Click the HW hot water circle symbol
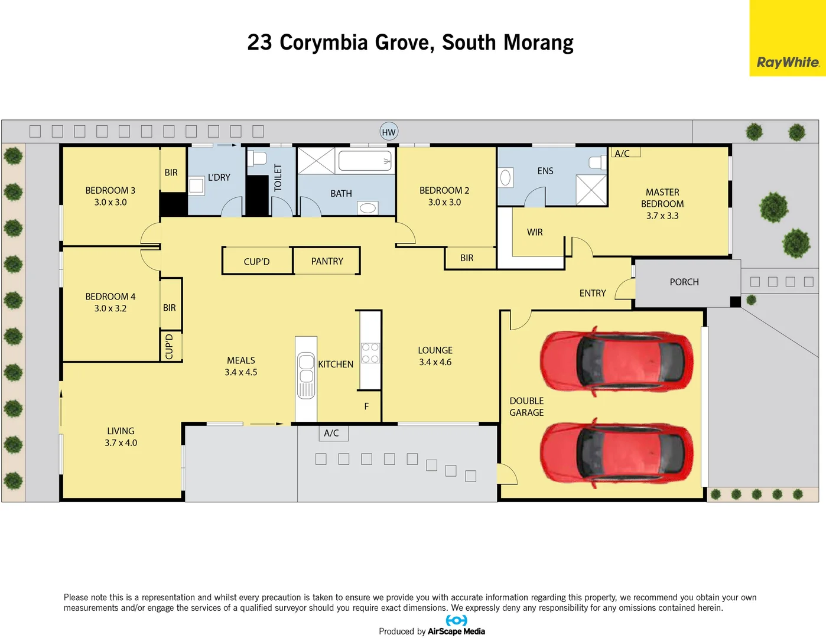tap(388, 132)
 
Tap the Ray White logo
tap(788, 62)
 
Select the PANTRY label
tap(327, 261)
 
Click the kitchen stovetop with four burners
tap(370, 353)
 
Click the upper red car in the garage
tap(616, 360)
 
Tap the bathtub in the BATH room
tap(365, 160)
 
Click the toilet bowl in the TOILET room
tap(258, 158)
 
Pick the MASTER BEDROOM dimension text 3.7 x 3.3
tap(662, 216)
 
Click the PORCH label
tap(684, 282)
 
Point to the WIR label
tap(534, 232)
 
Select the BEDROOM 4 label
tap(110, 297)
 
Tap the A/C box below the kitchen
tap(332, 433)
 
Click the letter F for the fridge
tap(366, 406)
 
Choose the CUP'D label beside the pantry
tap(256, 262)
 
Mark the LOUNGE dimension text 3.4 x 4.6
tap(435, 362)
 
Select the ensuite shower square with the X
tap(591, 190)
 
